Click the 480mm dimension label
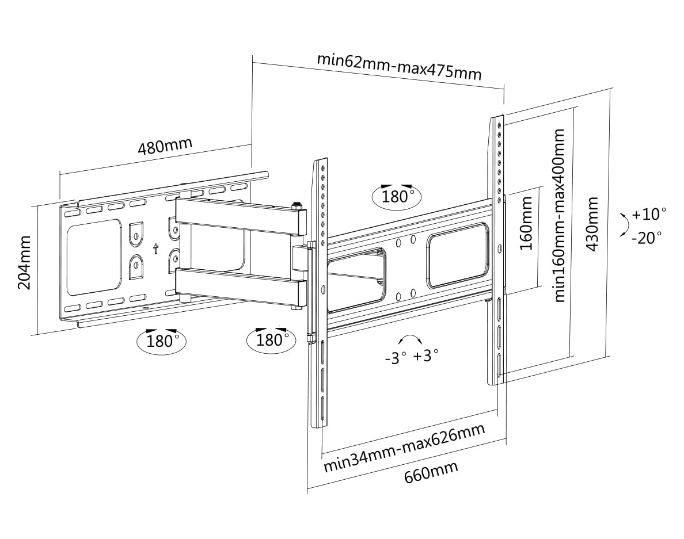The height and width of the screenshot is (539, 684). [x=165, y=147]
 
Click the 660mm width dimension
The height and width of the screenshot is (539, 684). [x=431, y=472]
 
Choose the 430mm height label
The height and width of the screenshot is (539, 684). [x=592, y=224]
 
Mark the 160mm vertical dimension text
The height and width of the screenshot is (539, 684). [x=526, y=223]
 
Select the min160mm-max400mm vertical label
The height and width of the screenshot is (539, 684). [x=559, y=215]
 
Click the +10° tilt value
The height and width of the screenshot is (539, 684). [x=649, y=215]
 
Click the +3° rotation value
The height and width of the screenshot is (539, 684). [x=426, y=355]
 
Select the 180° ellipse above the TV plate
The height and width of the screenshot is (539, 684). [x=397, y=196]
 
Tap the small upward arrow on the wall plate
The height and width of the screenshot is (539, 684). [x=155, y=249]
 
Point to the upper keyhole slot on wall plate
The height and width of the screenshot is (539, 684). [x=136, y=233]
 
